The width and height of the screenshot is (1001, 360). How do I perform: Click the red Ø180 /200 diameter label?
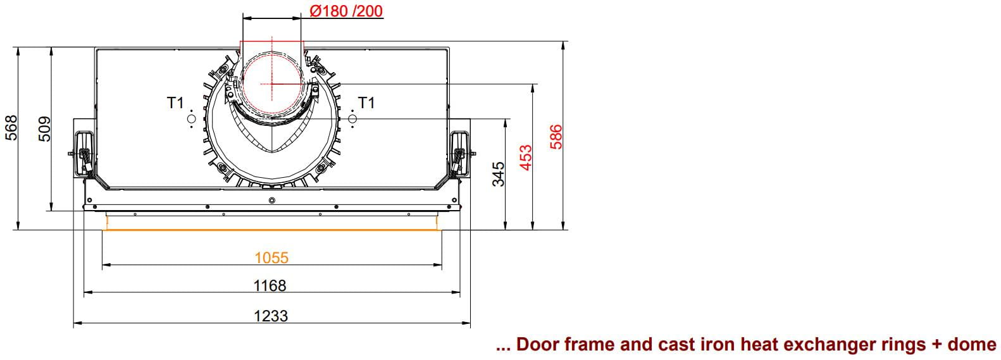(346, 11)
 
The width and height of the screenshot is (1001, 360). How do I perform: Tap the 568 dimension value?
(11, 128)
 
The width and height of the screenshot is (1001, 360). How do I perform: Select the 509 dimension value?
(45, 129)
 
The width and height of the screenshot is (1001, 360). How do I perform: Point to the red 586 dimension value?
(556, 137)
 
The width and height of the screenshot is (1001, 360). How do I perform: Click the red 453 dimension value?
(526, 157)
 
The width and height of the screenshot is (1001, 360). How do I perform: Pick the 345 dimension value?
(498, 174)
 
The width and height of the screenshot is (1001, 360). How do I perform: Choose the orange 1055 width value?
(271, 258)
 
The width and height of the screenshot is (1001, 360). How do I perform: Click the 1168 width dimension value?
(270, 285)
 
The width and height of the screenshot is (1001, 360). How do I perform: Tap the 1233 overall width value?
(271, 316)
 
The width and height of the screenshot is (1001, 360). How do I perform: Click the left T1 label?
(176, 102)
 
